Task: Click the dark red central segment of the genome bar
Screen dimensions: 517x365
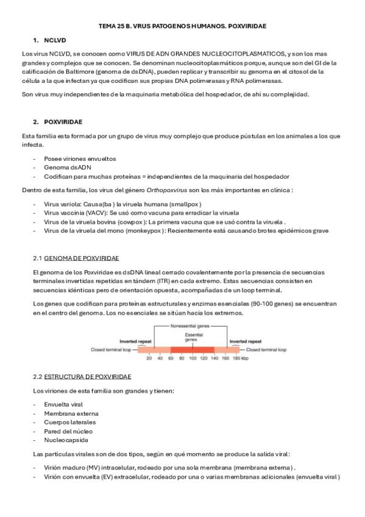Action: (x=193, y=351)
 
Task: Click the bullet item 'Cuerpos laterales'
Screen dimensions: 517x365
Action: (x=69, y=422)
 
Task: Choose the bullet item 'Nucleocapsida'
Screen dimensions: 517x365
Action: (x=66, y=440)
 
